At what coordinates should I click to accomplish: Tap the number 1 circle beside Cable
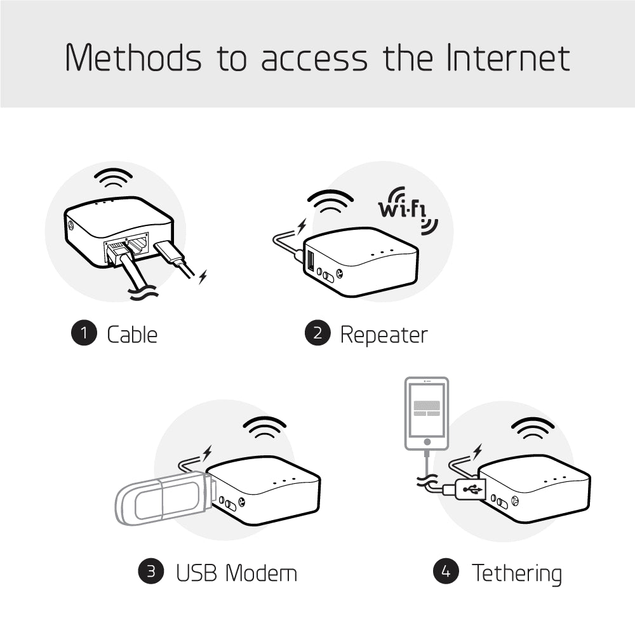click(83, 334)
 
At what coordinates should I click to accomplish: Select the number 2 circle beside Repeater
click(317, 334)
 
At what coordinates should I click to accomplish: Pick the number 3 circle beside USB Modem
click(151, 571)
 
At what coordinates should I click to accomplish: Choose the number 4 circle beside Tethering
click(446, 571)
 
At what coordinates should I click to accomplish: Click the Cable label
click(132, 334)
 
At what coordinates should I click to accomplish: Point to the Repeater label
click(384, 334)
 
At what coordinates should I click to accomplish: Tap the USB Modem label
click(236, 573)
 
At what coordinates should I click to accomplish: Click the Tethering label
click(516, 573)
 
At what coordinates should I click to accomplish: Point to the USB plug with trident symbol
click(471, 490)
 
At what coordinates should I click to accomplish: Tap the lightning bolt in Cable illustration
click(203, 276)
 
